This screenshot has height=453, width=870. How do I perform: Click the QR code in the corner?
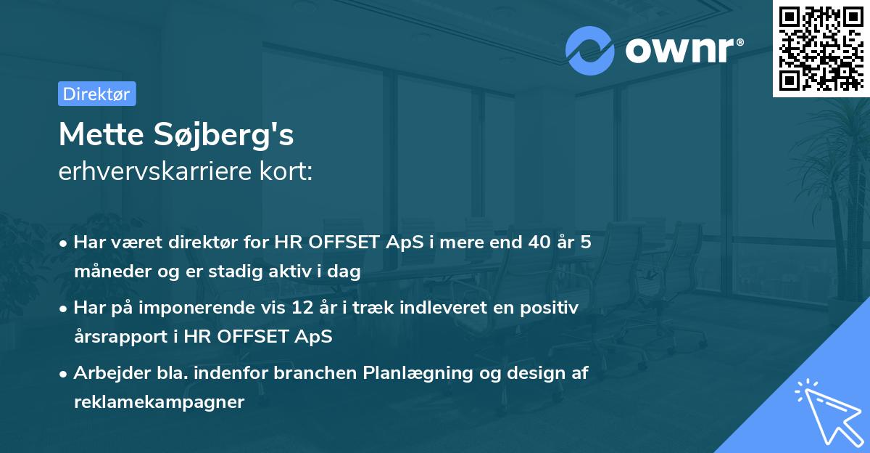[821, 48]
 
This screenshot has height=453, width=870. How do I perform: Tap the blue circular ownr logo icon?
[590, 51]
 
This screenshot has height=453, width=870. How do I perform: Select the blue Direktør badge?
[96, 94]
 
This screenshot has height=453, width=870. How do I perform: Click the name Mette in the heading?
[100, 134]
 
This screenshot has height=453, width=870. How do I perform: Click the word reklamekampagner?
[159, 402]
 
